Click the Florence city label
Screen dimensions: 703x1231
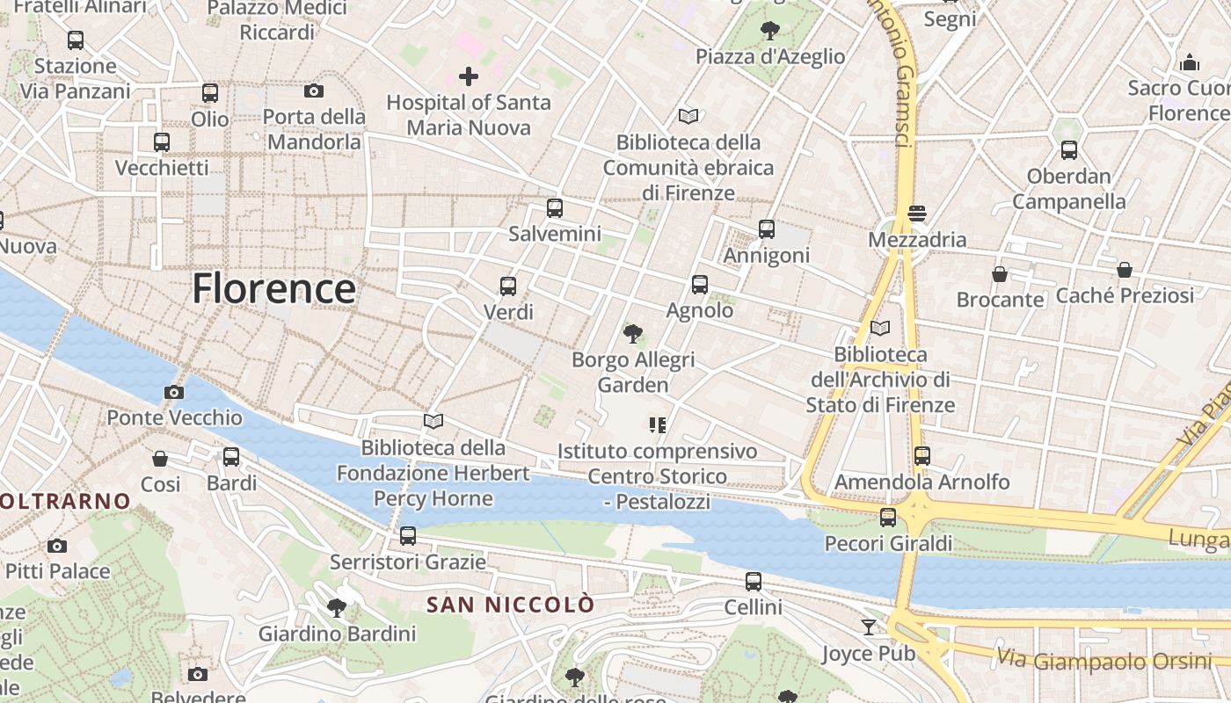(273, 288)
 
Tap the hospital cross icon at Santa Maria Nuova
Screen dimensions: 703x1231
(469, 76)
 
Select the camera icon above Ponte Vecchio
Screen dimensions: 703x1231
(174, 392)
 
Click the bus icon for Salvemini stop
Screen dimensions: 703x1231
(554, 208)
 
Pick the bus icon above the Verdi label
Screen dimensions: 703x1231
(508, 286)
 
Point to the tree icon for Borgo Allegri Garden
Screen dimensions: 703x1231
(632, 334)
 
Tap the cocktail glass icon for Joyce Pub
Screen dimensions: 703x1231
(869, 627)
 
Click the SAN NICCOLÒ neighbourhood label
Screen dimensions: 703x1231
(510, 605)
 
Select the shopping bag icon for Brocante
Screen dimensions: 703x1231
(1000, 274)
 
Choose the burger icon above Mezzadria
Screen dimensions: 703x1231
(917, 214)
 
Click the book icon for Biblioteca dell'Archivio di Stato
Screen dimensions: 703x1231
(880, 329)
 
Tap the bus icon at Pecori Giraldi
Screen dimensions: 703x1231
(888, 518)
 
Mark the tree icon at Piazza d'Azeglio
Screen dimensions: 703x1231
(770, 31)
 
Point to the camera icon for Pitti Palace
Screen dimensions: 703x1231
(57, 547)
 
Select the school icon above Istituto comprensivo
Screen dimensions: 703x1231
(657, 425)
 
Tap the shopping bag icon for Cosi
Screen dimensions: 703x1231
(160, 459)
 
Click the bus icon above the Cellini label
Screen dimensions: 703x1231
(754, 582)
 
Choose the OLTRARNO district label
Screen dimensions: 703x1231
(65, 502)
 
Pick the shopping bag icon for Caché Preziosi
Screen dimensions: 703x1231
(1125, 270)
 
